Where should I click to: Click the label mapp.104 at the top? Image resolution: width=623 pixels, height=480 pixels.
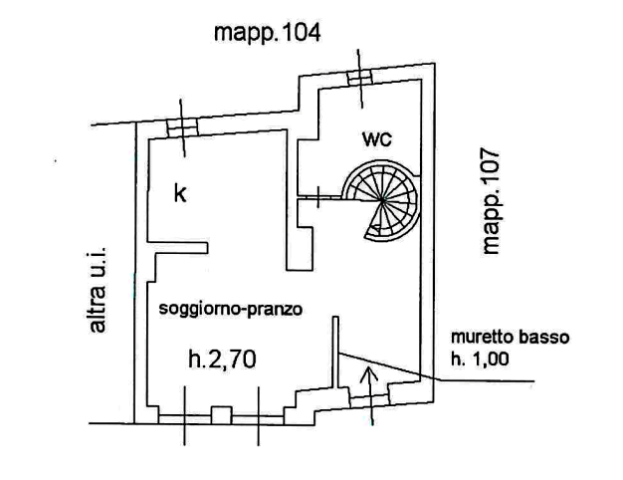point(267,33)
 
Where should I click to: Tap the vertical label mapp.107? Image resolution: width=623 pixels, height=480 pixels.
point(491,201)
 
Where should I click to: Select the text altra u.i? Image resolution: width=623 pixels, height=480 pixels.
point(97,290)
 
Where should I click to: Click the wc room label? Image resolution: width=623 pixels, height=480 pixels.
point(377,138)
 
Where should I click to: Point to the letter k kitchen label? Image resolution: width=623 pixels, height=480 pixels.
point(180,193)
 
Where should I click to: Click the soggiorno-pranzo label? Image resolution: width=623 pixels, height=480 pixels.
point(231,309)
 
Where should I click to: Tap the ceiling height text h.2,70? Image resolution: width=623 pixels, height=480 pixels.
point(222,360)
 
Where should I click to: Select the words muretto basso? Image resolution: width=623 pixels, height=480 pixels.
point(511,338)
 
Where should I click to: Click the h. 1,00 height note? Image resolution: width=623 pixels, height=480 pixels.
point(480,360)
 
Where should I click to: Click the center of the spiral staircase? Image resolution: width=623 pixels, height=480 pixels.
point(382,201)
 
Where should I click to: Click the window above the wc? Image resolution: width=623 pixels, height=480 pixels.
point(360,78)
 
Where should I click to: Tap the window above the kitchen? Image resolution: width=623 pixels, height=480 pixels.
point(182,127)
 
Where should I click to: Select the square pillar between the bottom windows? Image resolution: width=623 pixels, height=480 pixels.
point(221,415)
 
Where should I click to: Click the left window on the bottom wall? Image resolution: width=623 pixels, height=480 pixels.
point(185,419)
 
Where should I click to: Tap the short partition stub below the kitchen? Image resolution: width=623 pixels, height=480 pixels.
point(177,247)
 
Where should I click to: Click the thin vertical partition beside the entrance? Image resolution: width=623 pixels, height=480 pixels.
point(335,352)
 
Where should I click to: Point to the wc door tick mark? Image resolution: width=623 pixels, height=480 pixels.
point(317,197)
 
